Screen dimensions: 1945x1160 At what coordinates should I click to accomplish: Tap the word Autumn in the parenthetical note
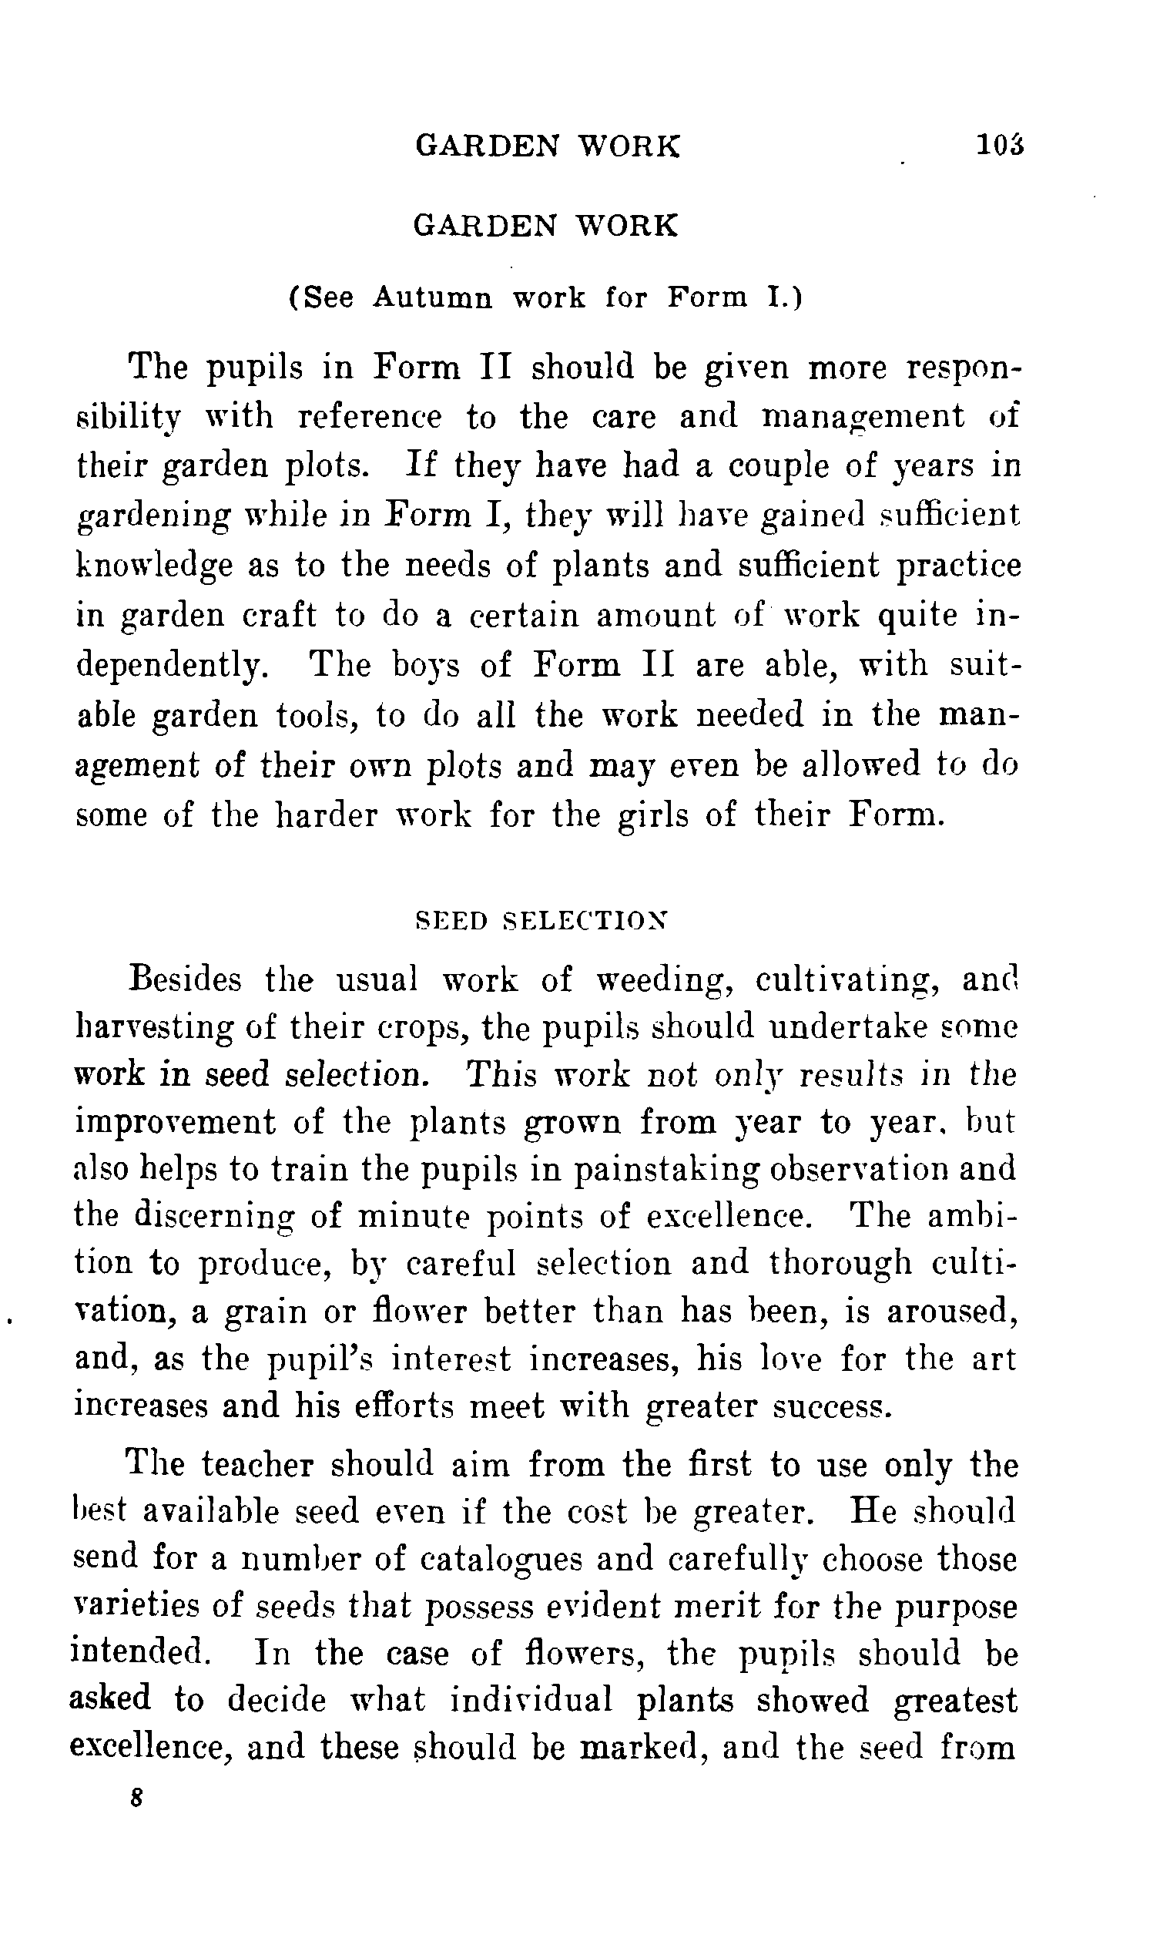(432, 298)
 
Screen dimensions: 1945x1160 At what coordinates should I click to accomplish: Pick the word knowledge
(154, 566)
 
